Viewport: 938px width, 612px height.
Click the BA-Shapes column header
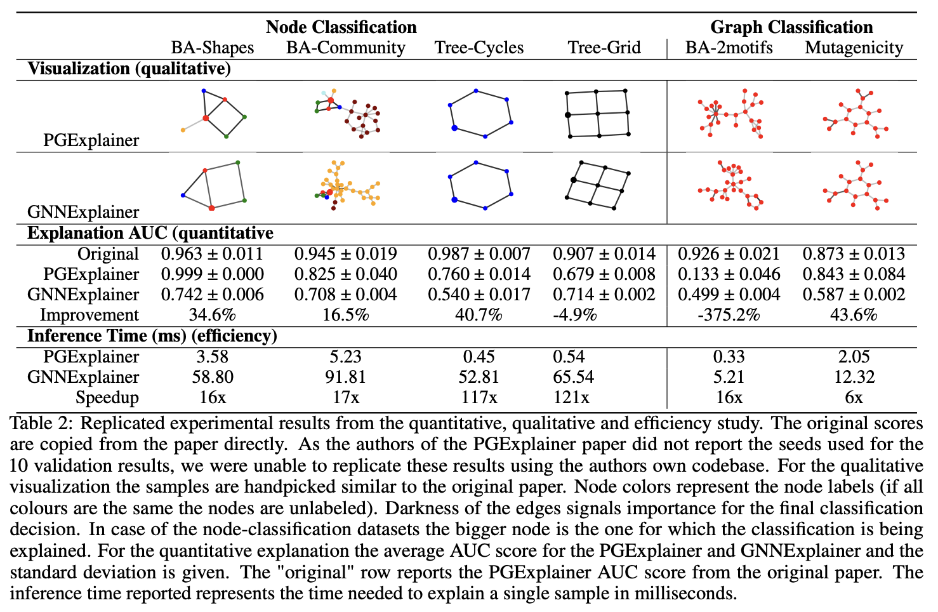[212, 48]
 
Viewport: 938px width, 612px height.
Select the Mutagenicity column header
[854, 48]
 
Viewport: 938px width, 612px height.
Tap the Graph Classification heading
[791, 27]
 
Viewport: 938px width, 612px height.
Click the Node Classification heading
[341, 27]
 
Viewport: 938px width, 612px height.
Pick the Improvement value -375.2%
[729, 315]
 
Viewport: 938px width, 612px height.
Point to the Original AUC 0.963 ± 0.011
[212, 254]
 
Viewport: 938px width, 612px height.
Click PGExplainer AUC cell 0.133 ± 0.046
[729, 274]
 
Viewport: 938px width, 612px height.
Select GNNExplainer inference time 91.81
[345, 377]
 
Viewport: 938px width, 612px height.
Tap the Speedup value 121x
[571, 397]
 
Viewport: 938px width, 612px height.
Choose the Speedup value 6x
[854, 397]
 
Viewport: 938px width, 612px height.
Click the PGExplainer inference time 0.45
[479, 357]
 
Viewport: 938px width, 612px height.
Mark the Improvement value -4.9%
[575, 315]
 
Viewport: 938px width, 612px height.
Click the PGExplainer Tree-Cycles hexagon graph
[480, 114]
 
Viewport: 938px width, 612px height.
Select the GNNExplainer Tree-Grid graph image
[597, 184]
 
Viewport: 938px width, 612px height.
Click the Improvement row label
[89, 315]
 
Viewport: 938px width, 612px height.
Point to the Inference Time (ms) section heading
[152, 336]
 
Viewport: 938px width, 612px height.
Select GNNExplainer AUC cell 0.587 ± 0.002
[854, 295]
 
